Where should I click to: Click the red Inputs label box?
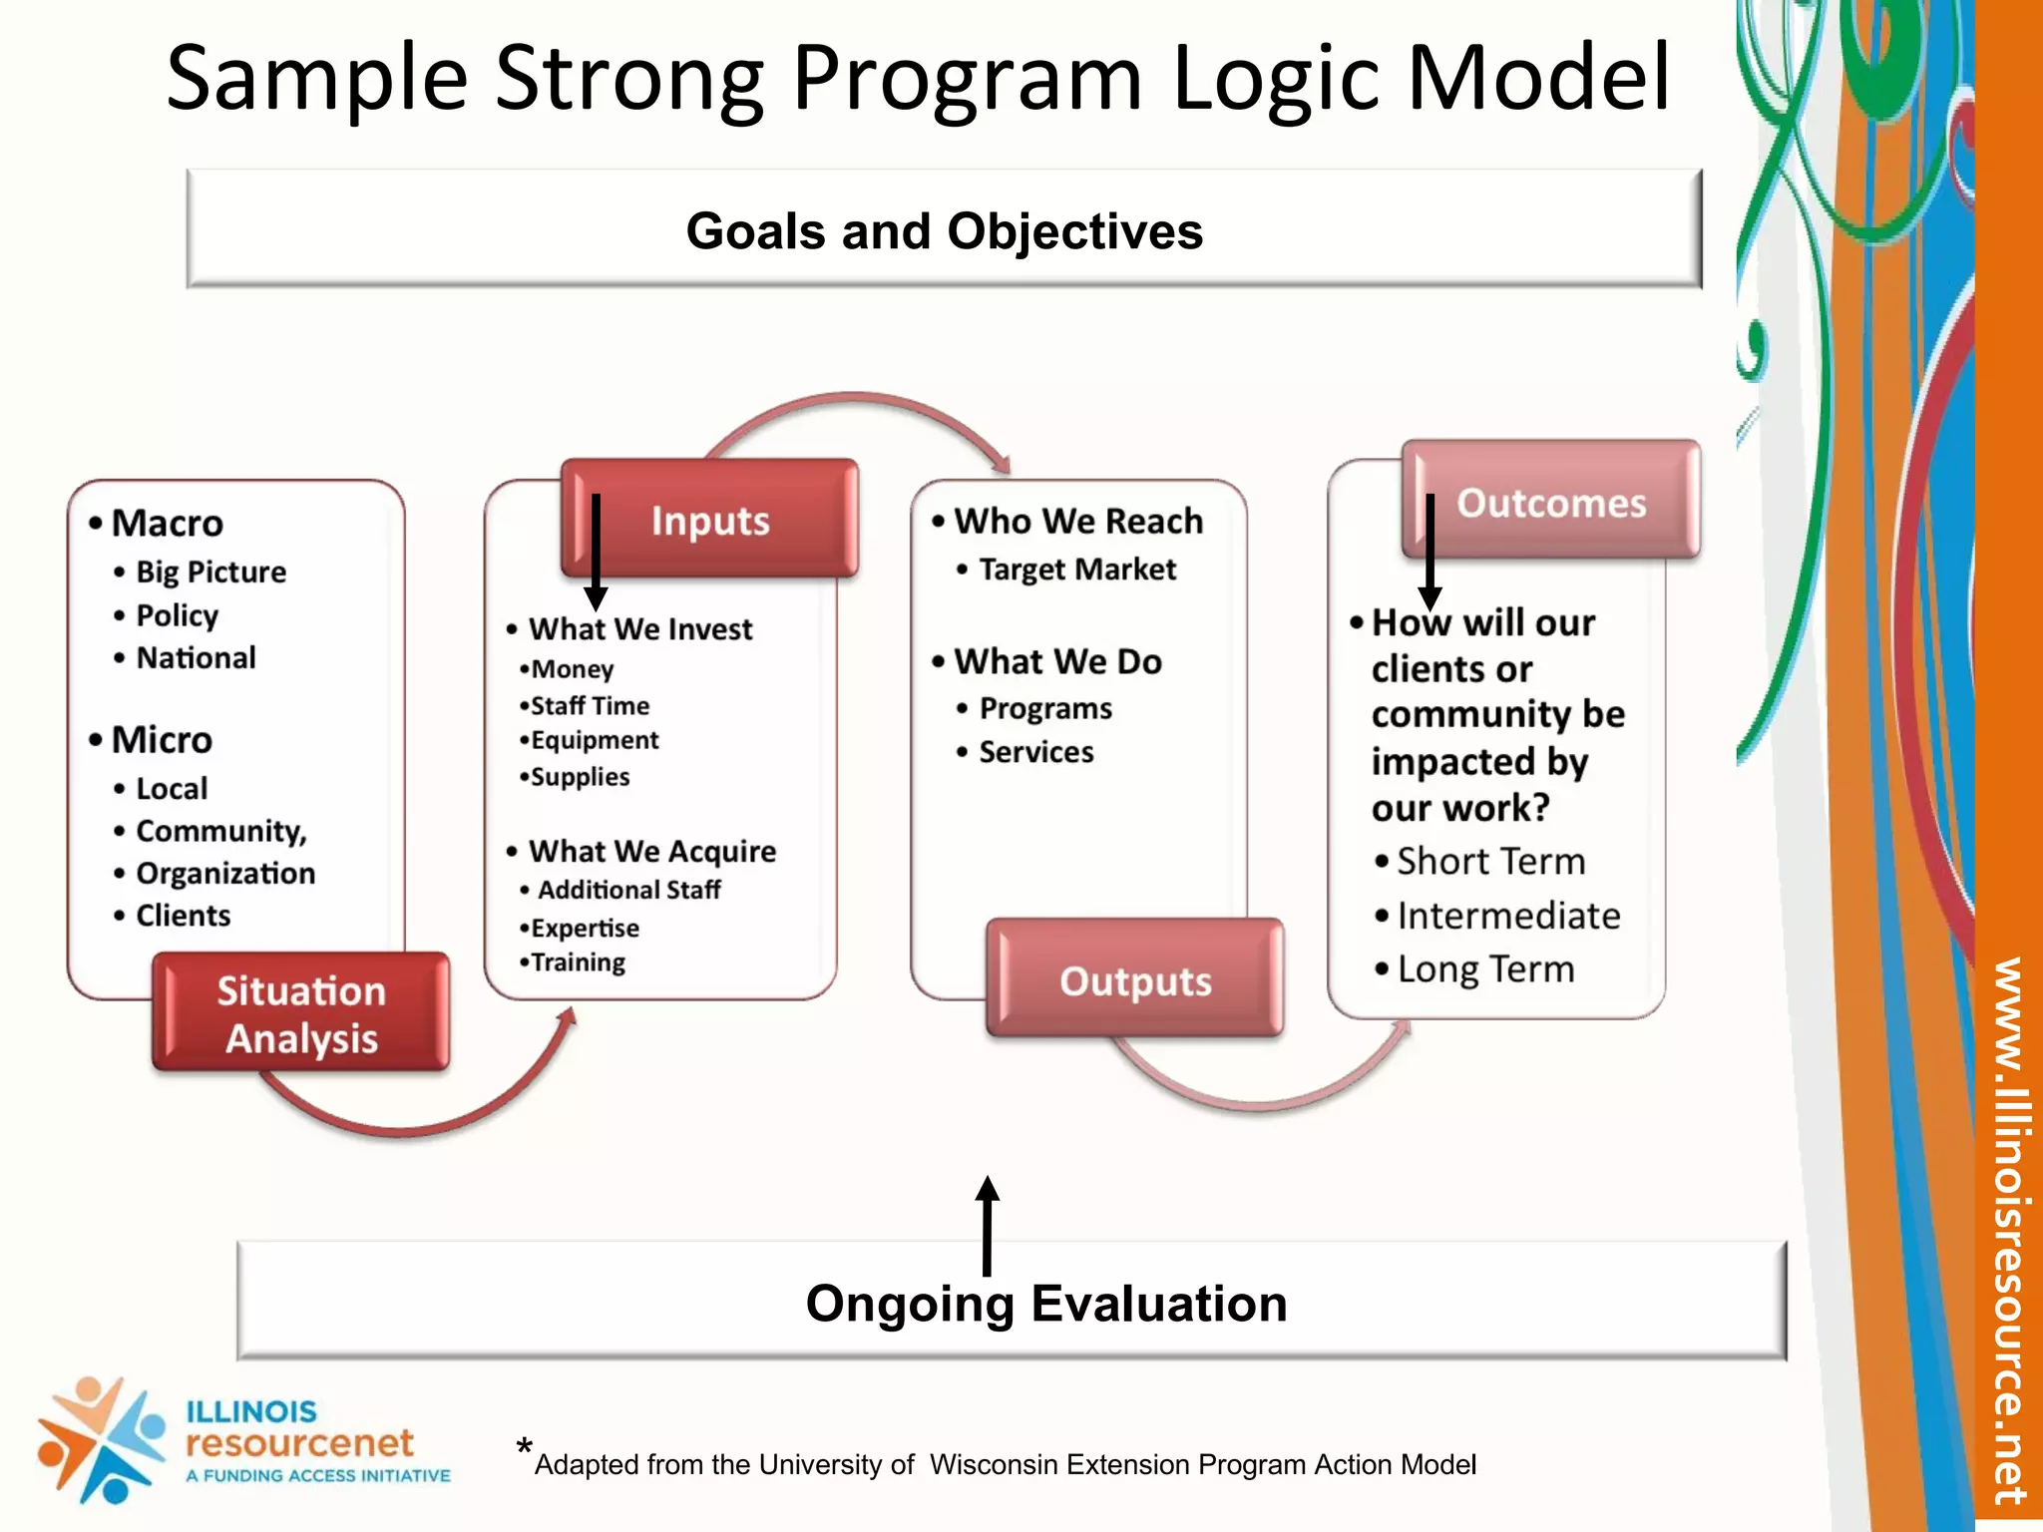click(710, 519)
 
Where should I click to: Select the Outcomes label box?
click(1550, 502)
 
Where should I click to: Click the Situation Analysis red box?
click(300, 1013)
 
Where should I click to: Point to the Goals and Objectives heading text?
click(944, 231)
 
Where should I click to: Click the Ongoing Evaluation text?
click(1045, 1304)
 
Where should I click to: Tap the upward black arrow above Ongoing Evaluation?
click(987, 1225)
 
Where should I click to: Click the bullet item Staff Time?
click(589, 706)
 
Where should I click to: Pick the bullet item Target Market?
click(1076, 570)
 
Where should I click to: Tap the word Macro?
click(167, 523)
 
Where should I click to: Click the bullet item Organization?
click(225, 874)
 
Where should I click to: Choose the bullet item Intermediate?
click(1507, 916)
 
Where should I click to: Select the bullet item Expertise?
click(585, 929)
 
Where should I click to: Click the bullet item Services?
click(1035, 752)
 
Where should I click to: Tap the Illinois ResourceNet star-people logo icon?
click(100, 1439)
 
